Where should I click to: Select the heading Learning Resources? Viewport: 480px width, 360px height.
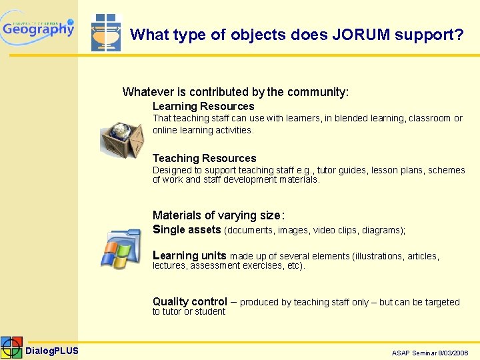click(203, 107)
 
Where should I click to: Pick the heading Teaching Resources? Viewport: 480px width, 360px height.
click(204, 159)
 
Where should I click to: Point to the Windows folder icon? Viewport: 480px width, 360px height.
click(121, 249)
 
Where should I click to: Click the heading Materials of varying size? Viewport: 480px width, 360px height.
click(219, 215)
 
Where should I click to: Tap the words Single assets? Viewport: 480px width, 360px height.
click(187, 230)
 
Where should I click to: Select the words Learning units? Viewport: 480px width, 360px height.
click(189, 255)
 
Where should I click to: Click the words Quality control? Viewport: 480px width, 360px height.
click(190, 301)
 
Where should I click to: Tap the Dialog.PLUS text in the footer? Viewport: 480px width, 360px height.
click(52, 351)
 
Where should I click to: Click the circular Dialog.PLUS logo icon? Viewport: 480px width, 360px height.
click(11, 348)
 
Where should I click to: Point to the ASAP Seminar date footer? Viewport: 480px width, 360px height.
click(430, 353)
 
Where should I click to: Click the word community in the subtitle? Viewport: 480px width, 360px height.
click(315, 92)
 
